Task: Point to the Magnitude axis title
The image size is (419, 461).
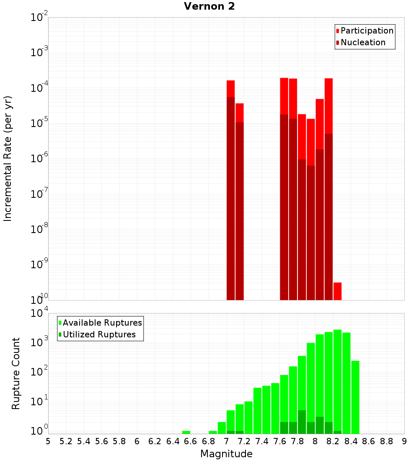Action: [226, 454]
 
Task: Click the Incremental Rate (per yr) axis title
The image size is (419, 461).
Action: [8, 158]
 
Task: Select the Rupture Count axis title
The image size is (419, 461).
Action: [16, 373]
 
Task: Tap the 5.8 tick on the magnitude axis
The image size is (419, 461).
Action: [119, 441]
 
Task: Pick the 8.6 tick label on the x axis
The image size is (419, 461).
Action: [369, 441]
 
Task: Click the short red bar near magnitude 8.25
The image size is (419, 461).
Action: [337, 291]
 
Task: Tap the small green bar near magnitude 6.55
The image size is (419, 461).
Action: [186, 432]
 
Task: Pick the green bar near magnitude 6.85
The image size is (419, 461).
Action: [213, 432]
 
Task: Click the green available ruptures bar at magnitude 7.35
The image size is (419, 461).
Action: [257, 411]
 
